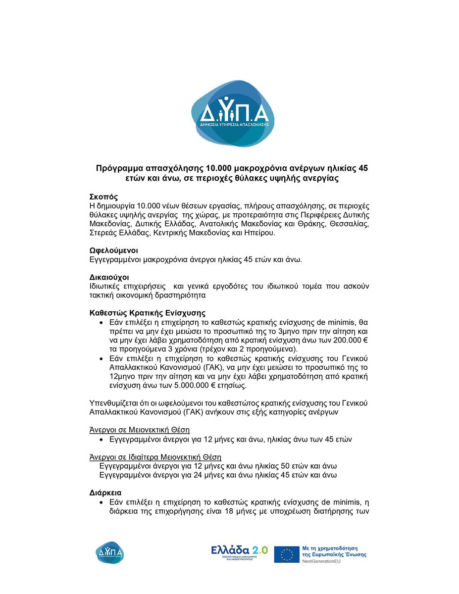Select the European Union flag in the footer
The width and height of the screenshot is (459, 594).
[287, 554]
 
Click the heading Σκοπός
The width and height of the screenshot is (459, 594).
[103, 197]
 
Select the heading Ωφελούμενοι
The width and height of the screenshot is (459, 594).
[113, 250]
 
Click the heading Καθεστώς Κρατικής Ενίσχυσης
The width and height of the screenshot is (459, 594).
[147, 313]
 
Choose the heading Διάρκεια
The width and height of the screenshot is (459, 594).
[105, 493]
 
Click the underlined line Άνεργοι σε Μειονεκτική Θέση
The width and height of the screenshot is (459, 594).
[139, 430]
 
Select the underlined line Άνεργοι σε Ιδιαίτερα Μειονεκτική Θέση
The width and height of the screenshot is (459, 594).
[155, 456]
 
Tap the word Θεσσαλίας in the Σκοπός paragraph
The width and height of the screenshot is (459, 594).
[350, 223]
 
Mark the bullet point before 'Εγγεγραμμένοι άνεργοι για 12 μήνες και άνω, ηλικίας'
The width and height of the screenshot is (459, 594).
[102, 439]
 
